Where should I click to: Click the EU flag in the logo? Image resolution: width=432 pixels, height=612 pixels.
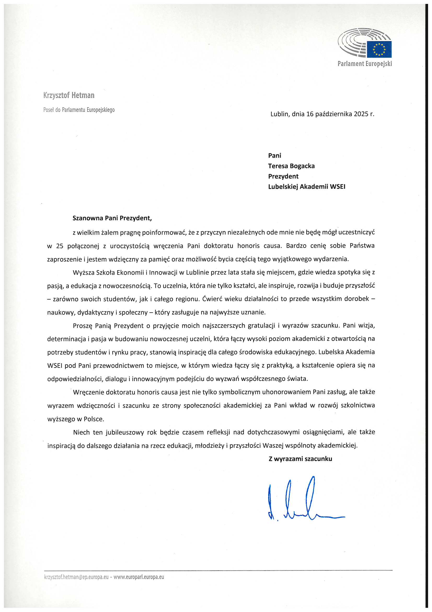[379, 49]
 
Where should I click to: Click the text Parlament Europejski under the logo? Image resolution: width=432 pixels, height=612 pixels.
[365, 64]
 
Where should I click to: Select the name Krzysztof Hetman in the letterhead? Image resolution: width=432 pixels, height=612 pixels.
[69, 96]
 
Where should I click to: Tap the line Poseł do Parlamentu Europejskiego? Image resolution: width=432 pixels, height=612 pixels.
[79, 110]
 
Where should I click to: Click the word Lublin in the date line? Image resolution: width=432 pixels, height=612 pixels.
[279, 114]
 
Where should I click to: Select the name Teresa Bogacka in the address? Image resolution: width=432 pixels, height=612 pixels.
[291, 166]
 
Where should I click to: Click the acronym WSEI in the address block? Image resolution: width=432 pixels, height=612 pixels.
[337, 187]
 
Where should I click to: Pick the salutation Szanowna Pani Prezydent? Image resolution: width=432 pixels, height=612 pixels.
[112, 218]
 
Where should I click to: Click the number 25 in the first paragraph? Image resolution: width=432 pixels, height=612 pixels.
[60, 246]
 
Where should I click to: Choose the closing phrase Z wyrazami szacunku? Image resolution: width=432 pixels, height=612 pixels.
[300, 459]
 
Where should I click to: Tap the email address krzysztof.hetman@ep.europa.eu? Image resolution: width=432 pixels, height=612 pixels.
[76, 577]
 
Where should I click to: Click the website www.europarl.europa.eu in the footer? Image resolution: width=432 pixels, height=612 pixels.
[139, 577]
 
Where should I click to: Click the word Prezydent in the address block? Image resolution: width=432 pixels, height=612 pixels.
[283, 176]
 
